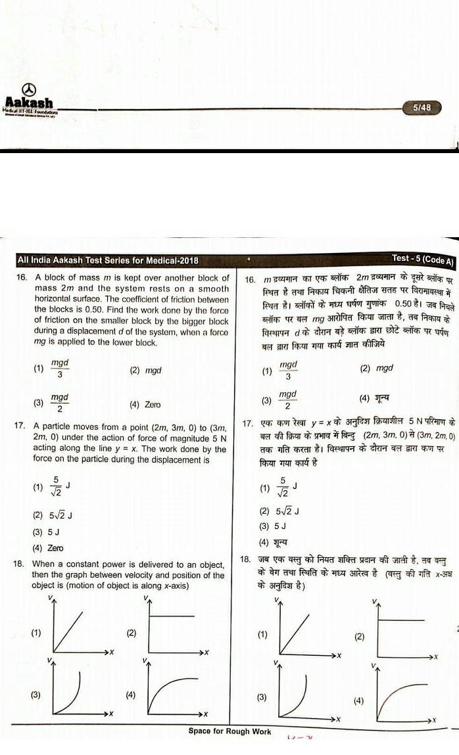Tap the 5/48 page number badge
click(x=422, y=107)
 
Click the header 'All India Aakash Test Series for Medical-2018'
click(x=107, y=261)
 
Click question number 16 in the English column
click(x=20, y=278)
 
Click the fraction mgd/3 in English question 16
click(x=60, y=369)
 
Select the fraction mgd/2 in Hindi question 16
click(x=288, y=399)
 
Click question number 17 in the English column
click(x=20, y=426)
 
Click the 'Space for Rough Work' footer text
click(x=229, y=731)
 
